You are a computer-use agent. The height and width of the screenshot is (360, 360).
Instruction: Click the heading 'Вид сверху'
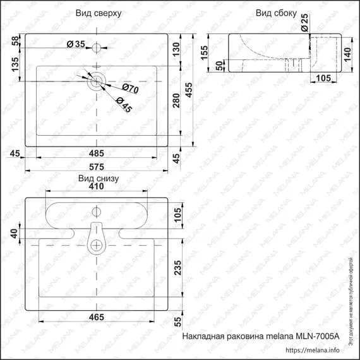[99, 13]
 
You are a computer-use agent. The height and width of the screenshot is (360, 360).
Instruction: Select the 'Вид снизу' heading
[99, 179]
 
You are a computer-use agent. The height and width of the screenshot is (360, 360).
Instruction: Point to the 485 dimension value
[96, 153]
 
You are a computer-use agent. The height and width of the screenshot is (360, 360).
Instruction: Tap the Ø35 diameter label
[76, 44]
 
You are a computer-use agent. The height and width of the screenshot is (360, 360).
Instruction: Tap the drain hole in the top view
[96, 80]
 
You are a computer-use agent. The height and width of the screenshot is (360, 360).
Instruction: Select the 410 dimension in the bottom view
[96, 187]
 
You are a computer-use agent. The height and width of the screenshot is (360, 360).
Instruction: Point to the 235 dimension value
[179, 268]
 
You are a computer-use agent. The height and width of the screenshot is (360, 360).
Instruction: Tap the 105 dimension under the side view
[323, 78]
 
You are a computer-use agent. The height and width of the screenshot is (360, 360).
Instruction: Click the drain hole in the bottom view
[97, 245]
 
